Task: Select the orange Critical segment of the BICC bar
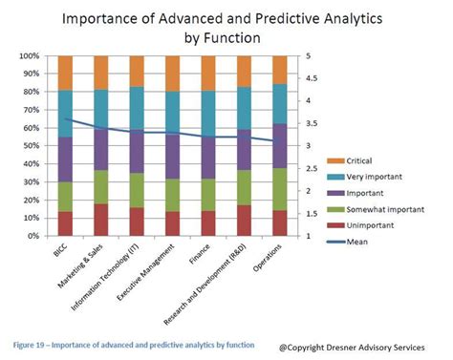[x=65, y=73]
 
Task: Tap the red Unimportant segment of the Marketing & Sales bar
[x=101, y=220]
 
